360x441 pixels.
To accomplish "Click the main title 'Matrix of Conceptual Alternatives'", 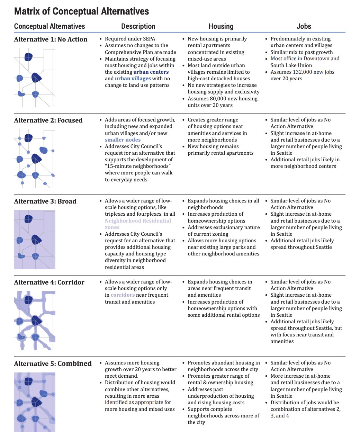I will [x=81, y=11].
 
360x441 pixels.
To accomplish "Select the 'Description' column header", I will [x=138, y=26].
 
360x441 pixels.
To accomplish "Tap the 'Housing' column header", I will [x=221, y=26].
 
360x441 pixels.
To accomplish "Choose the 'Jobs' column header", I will [x=304, y=26].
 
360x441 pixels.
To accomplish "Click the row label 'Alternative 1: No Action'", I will [x=51, y=39].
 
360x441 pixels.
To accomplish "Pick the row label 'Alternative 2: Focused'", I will [x=48, y=120].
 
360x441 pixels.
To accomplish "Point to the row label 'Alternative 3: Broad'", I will [x=45, y=201].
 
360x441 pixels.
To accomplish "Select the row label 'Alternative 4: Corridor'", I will [x=49, y=282].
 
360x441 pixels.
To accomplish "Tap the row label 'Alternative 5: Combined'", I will [x=53, y=363].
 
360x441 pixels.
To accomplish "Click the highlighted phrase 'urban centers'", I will [x=151, y=72].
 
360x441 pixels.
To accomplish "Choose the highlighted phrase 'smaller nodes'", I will [x=123, y=140].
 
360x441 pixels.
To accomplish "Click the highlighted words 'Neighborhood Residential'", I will [x=138, y=221].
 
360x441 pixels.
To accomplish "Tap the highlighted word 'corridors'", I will [x=123, y=295].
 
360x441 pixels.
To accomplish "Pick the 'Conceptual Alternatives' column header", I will [x=49, y=26].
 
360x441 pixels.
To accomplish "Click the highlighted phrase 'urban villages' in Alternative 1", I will [x=133, y=79].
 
